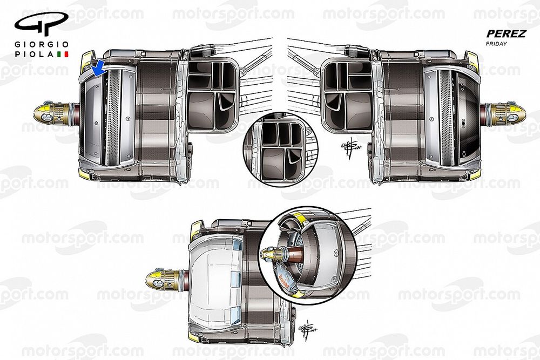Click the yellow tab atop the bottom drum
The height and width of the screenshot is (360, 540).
click(x=196, y=230)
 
